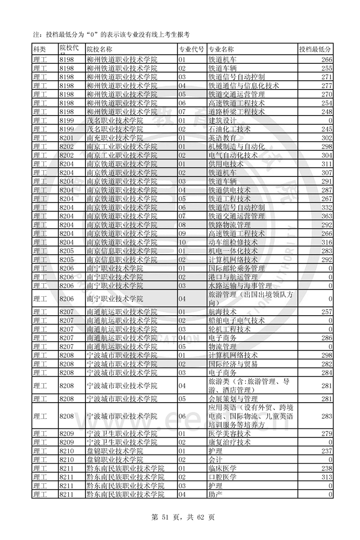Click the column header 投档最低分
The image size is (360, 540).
tap(315, 49)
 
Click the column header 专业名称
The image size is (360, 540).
tap(221, 49)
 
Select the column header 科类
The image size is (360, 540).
tap(39, 49)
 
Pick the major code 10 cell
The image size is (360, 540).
tap(183, 242)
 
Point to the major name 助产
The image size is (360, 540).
tap(216, 494)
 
